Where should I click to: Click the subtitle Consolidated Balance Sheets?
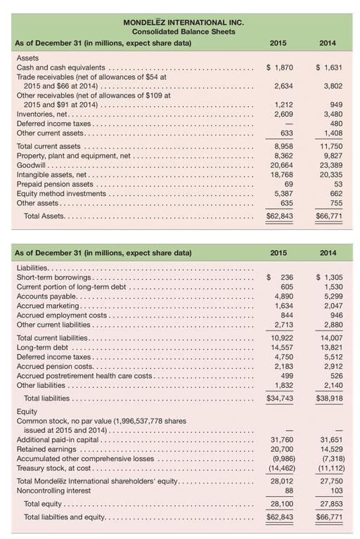click(184, 32)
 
